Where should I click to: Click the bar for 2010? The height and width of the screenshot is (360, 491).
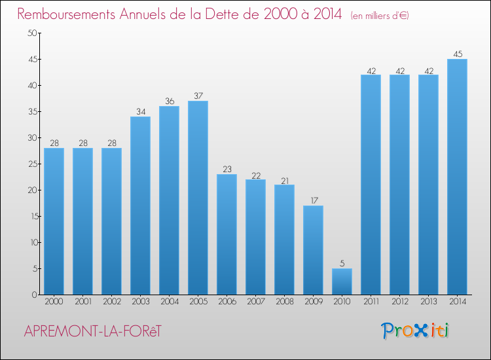[x=342, y=281]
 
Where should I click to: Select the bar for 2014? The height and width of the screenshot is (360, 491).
[x=457, y=177]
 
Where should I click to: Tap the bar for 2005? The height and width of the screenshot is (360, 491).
[x=198, y=198]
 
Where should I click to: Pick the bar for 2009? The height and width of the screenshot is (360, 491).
[x=313, y=250]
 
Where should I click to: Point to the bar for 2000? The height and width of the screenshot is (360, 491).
[x=54, y=221]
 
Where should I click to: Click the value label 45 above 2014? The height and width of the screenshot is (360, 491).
[x=457, y=54]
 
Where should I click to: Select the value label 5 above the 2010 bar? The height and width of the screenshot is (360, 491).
[x=342, y=264]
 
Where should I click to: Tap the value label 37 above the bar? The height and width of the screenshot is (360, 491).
[x=198, y=96]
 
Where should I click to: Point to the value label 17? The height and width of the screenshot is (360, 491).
[x=313, y=201]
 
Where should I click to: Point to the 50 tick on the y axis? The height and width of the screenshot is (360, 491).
[x=31, y=33]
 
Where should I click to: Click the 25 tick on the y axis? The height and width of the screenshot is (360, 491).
[x=31, y=164]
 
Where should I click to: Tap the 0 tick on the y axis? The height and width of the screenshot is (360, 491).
[x=33, y=295]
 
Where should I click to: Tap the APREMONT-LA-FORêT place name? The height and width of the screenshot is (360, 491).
[x=92, y=331]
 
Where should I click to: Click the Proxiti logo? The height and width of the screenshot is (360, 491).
[x=415, y=331]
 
